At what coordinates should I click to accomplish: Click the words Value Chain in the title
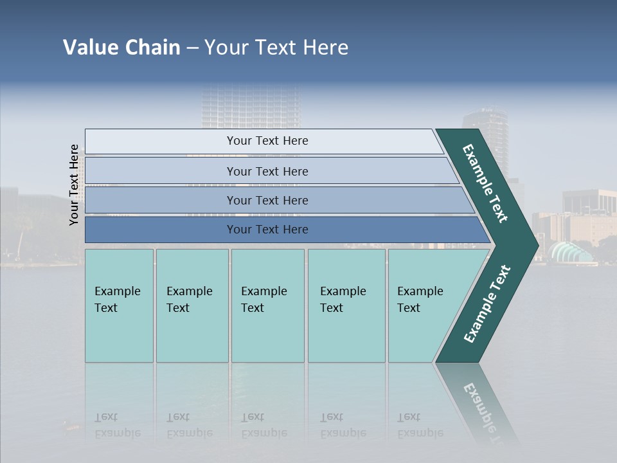(121, 48)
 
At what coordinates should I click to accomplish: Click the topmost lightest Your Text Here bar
(267, 141)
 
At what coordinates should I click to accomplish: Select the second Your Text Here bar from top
(267, 171)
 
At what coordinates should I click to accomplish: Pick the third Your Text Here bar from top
(267, 200)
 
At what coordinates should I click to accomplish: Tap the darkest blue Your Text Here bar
(267, 230)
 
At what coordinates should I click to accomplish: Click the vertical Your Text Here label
(75, 185)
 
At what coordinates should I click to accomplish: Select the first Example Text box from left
(119, 305)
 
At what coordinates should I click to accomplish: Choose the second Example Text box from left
(192, 305)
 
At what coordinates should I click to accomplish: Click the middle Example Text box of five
(267, 305)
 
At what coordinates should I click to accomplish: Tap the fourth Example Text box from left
(346, 305)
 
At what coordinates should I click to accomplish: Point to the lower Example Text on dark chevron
(487, 304)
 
